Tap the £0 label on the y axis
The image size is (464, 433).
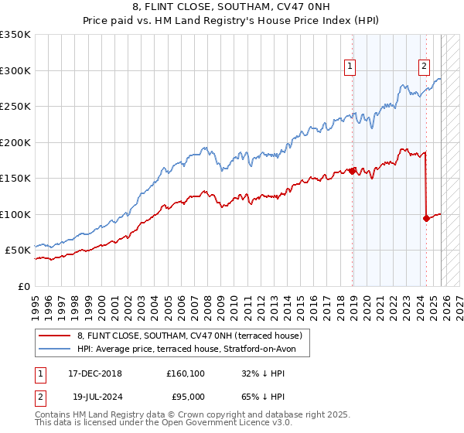(x=25, y=286)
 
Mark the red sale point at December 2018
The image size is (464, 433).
(x=353, y=171)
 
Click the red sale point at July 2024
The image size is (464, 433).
(x=426, y=218)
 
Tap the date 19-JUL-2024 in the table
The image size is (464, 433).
(x=101, y=397)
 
